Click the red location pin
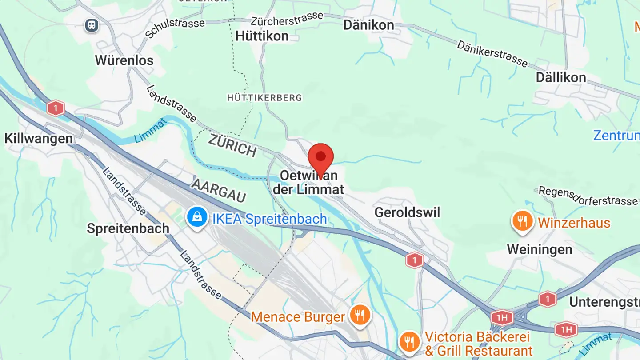(320, 157)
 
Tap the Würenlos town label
(124, 60)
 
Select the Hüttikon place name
(262, 36)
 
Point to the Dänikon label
(368, 25)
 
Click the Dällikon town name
(560, 78)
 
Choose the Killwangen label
(39, 138)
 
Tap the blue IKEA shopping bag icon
(197, 217)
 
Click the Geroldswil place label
(407, 212)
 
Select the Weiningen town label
(540, 249)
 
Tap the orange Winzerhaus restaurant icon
(523, 221)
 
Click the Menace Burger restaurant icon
(360, 315)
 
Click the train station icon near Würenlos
(92, 25)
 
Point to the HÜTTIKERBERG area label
(264, 98)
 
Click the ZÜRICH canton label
(232, 146)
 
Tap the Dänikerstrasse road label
(492, 54)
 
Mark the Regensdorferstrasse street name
(588, 196)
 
